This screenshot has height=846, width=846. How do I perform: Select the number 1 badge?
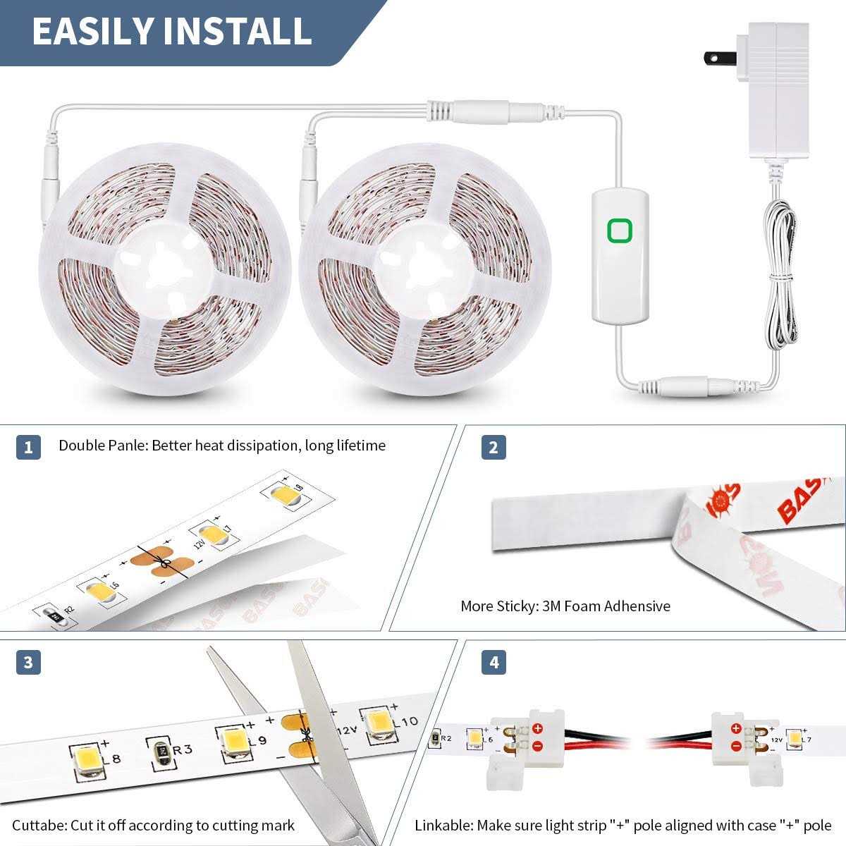tap(28, 447)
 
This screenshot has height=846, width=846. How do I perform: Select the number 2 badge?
tap(493, 447)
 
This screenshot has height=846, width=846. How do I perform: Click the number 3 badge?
tap(28, 663)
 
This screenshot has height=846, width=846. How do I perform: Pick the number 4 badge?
tap(493, 663)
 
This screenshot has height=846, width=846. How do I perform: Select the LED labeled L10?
tap(374, 725)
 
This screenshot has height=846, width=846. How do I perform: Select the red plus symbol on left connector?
tap(537, 728)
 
